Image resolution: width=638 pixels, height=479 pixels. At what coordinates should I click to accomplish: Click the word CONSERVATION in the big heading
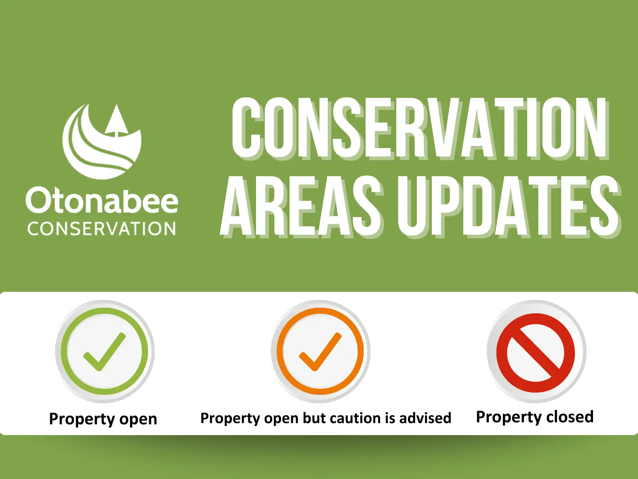point(419,128)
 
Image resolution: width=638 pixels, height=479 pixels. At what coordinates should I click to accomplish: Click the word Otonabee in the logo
point(102,201)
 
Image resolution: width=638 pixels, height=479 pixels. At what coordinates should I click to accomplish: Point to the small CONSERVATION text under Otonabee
point(102,229)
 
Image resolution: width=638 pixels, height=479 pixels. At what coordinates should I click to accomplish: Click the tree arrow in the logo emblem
point(116,120)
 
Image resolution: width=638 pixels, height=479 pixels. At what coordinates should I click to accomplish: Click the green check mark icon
point(104,351)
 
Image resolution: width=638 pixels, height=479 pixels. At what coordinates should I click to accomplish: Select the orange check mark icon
point(320,351)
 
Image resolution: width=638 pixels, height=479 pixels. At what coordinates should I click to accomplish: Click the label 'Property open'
point(103,419)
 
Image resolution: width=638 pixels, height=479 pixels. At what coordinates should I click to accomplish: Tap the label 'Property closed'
point(535,417)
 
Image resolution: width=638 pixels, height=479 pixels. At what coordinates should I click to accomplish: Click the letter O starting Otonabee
point(38,200)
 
